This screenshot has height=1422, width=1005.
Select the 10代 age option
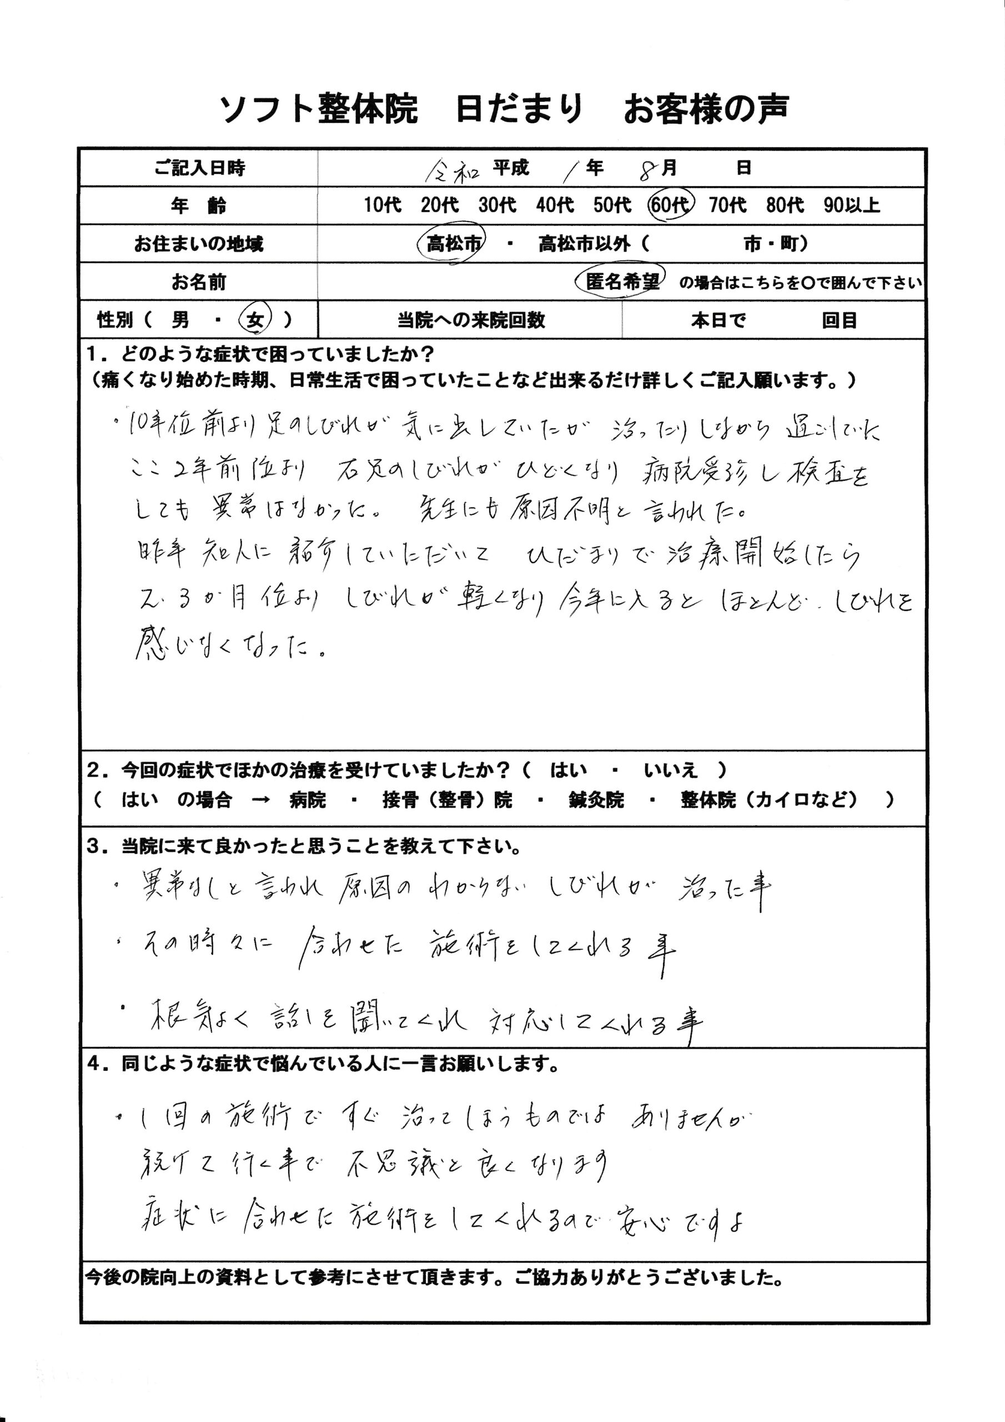[382, 205]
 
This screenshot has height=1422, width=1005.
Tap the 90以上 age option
[851, 205]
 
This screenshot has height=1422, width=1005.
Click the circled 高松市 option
[453, 243]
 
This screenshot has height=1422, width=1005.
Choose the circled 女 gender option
[255, 319]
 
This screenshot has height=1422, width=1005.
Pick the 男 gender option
[180, 319]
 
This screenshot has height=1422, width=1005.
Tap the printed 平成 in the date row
[511, 167]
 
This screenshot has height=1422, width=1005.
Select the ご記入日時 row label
[199, 168]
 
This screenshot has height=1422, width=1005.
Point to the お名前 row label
[199, 282]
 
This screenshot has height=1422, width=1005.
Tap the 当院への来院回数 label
[471, 320]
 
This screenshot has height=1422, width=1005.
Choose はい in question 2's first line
[568, 770]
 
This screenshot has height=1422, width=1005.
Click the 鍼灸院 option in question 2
[596, 800]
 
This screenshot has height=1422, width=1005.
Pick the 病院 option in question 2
[306, 800]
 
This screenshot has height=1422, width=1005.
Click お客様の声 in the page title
[705, 109]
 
